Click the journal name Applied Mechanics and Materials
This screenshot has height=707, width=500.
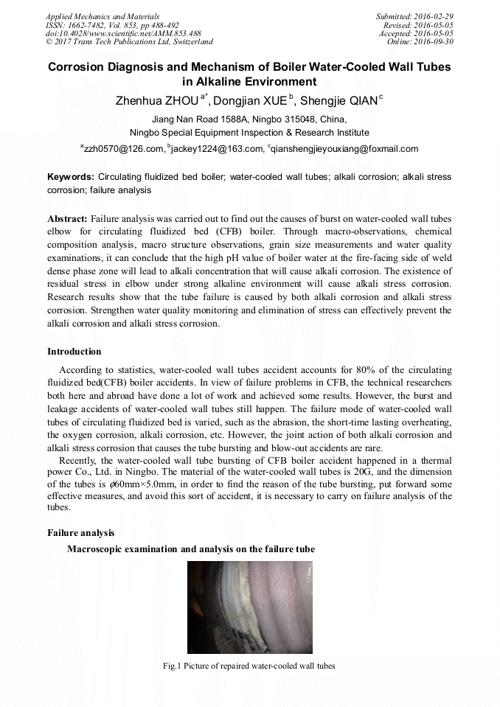pyautogui.click(x=103, y=16)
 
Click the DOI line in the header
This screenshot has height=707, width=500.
pyautogui.click(x=123, y=34)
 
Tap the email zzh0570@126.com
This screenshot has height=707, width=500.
pyautogui.click(x=124, y=149)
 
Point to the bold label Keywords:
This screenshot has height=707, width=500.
pyautogui.click(x=71, y=178)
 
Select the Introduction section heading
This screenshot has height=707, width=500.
pyautogui.click(x=74, y=351)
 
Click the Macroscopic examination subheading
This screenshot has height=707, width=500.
pyautogui.click(x=191, y=549)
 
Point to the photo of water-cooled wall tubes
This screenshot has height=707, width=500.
pyautogui.click(x=249, y=607)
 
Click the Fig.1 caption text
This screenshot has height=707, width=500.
pyautogui.click(x=249, y=666)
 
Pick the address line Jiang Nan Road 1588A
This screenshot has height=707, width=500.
pyautogui.click(x=249, y=119)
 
